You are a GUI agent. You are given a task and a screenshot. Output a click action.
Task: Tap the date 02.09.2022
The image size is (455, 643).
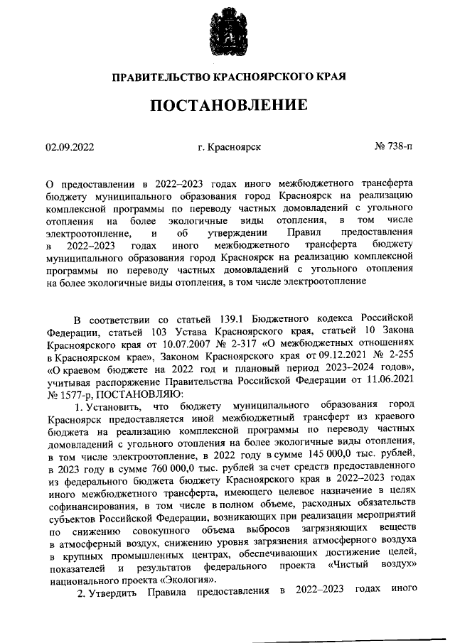pos(70,147)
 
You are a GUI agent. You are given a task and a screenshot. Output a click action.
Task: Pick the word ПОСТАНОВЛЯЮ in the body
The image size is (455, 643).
pos(129,394)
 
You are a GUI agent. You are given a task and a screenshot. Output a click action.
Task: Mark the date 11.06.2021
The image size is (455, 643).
pos(389,382)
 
